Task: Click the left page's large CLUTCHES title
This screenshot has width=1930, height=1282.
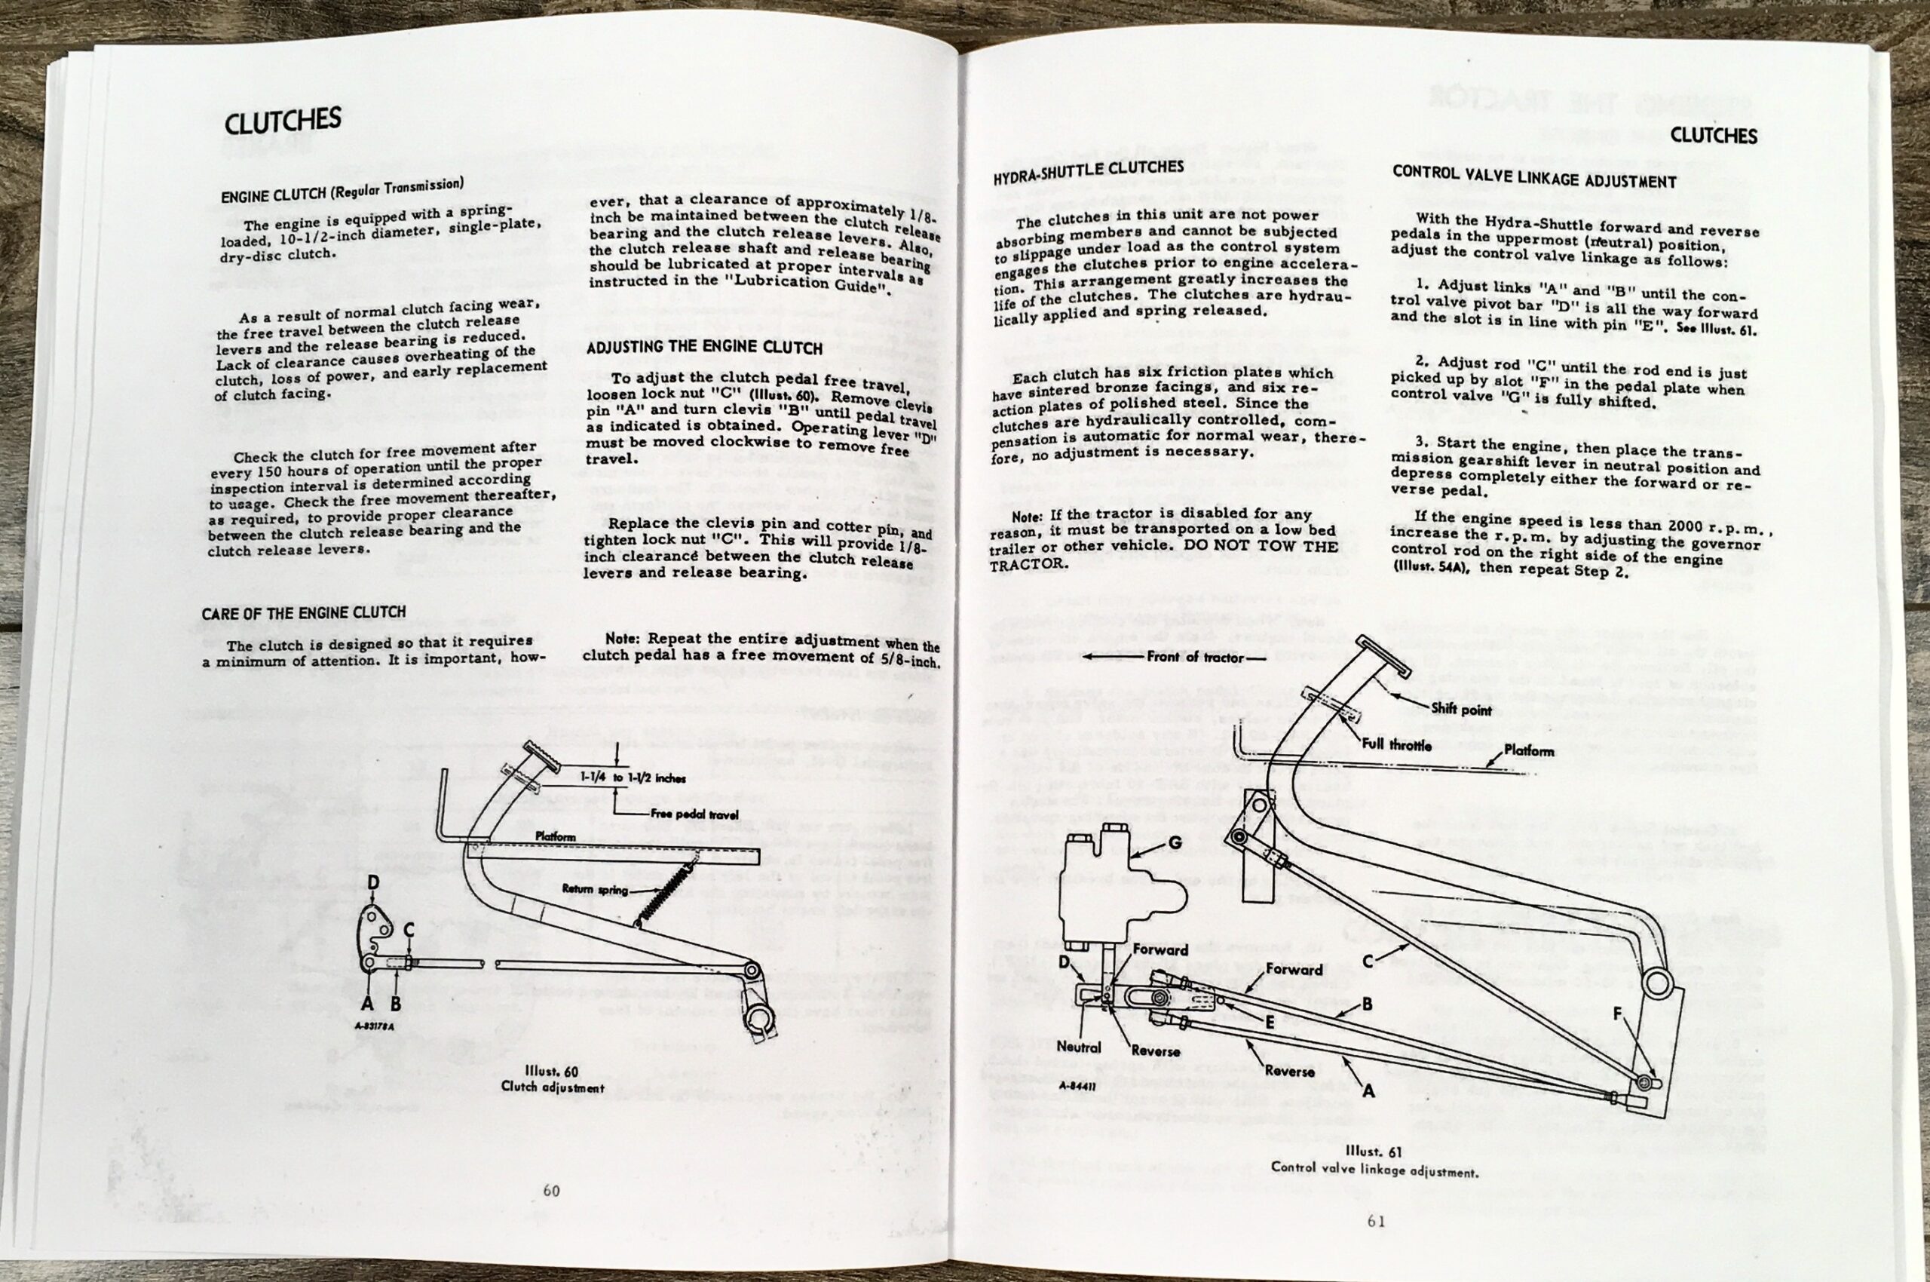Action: click(x=282, y=122)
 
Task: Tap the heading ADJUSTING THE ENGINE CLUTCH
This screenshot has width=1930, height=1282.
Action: click(x=704, y=348)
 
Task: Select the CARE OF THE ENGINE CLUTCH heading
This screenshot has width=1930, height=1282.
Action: click(x=303, y=612)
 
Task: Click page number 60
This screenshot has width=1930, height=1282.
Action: click(x=551, y=1191)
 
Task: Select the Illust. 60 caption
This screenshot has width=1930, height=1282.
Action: click(x=553, y=1078)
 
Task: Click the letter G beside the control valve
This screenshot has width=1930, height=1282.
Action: click(x=1175, y=842)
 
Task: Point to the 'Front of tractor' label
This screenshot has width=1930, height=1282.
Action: click(x=1194, y=657)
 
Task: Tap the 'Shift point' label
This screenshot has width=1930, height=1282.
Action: click(x=1461, y=709)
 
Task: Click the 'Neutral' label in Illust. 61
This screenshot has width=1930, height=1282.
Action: click(x=1079, y=1047)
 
